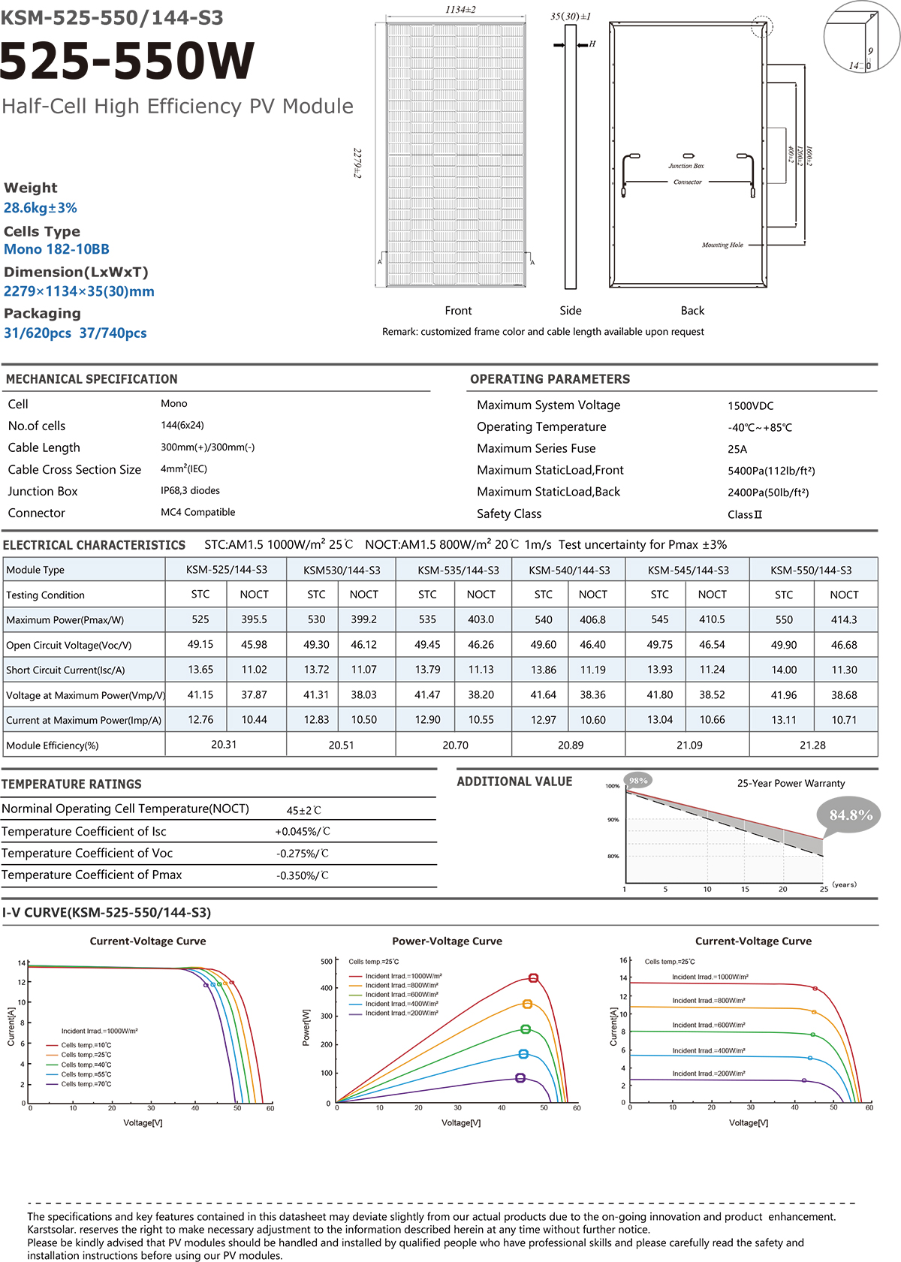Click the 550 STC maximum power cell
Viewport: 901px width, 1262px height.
pyautogui.click(x=784, y=620)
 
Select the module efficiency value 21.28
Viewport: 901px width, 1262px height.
pyautogui.click(x=812, y=745)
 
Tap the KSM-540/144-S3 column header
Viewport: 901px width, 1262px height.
pyautogui.click(x=569, y=571)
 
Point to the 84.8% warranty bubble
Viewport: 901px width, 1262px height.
pyautogui.click(x=851, y=815)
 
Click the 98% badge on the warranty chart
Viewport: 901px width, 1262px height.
pyautogui.click(x=638, y=781)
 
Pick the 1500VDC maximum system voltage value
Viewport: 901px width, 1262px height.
pyautogui.click(x=750, y=406)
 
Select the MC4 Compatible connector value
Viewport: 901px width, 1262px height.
pyautogui.click(x=197, y=513)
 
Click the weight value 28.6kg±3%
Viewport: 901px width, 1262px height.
pyautogui.click(x=41, y=208)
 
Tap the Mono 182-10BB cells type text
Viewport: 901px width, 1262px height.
pyautogui.click(x=57, y=249)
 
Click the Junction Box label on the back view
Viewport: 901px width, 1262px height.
pyautogui.click(x=686, y=166)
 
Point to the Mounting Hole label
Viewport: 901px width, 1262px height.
pyautogui.click(x=722, y=245)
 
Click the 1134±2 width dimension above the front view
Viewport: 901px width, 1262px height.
pyautogui.click(x=460, y=10)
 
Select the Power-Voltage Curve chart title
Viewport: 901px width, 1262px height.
pyautogui.click(x=447, y=941)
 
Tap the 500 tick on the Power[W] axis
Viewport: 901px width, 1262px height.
pyautogui.click(x=327, y=962)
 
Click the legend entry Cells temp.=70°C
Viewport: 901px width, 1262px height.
pyautogui.click(x=86, y=1084)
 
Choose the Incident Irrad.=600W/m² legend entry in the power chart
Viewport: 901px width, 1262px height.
pyautogui.click(x=402, y=995)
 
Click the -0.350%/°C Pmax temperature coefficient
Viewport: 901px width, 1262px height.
pyautogui.click(x=302, y=876)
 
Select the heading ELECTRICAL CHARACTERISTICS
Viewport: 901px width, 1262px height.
pyautogui.click(x=94, y=546)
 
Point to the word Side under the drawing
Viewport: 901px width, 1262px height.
pyautogui.click(x=571, y=311)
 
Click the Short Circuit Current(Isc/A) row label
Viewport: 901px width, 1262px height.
pyautogui.click(x=65, y=670)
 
